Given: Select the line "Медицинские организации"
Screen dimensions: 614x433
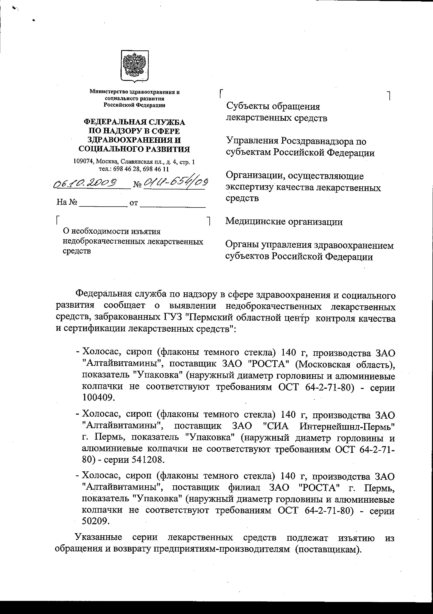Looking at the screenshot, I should tap(284, 222).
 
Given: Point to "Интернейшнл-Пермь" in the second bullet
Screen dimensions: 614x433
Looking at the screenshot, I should tap(347, 426).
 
